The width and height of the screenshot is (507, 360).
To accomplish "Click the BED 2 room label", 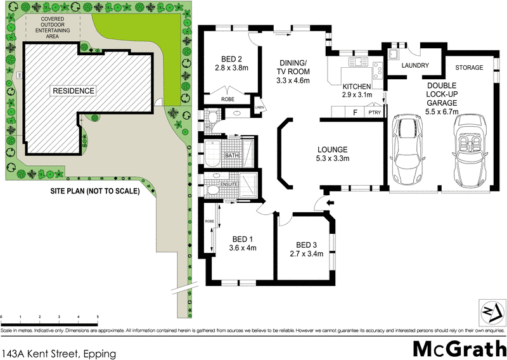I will point(231,55).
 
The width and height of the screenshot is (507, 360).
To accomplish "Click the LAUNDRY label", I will point(416,66).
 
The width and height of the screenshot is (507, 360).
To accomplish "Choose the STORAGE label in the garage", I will point(469,67).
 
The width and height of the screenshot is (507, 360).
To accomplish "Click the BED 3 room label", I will point(306,245).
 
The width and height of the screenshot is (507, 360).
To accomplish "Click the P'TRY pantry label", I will point(375,112).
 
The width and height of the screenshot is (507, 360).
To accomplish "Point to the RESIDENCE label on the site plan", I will point(74,91).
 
